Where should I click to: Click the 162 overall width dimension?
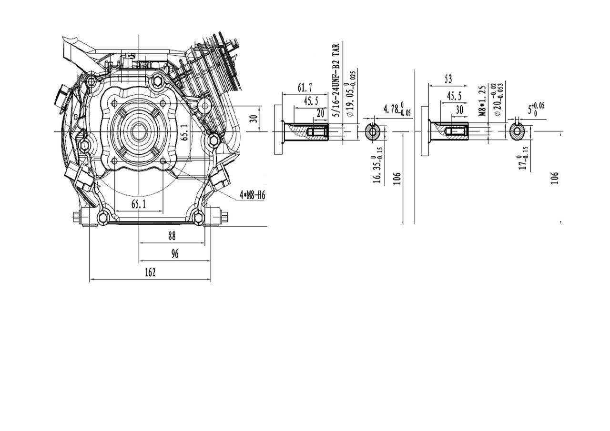point(150,272)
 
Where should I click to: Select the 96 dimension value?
point(174,254)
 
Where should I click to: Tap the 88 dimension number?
point(172,236)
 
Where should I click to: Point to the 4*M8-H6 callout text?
point(252,195)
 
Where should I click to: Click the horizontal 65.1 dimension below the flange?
point(138,204)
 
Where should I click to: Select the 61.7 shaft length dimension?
point(305,88)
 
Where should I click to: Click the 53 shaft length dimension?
point(448,79)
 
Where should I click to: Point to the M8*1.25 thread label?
point(482,101)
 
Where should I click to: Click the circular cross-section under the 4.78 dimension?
point(373,131)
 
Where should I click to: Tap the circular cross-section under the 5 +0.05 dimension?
point(517,131)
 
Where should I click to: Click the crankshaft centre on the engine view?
point(139,131)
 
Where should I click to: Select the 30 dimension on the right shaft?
point(459,110)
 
